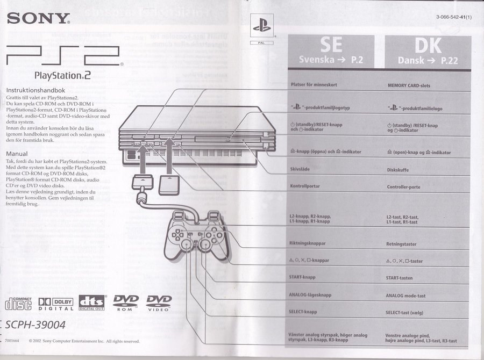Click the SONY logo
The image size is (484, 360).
pyautogui.click(x=38, y=19)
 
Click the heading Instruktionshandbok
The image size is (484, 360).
pyautogui.click(x=35, y=90)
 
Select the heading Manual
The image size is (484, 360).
pyautogui.click(x=17, y=153)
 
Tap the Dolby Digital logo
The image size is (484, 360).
pyautogui.click(x=56, y=304)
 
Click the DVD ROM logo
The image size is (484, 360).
pyautogui.click(x=125, y=303)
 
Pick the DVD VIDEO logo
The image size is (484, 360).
pyautogui.click(x=159, y=303)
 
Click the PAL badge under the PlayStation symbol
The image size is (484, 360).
pyautogui.click(x=262, y=42)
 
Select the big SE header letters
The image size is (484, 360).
pyautogui.click(x=331, y=45)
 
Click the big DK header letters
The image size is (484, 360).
pyautogui.click(x=428, y=45)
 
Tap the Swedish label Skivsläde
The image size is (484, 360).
pyautogui.click(x=300, y=169)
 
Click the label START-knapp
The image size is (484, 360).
pyautogui.click(x=302, y=277)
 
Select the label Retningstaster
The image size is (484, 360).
pyautogui.click(x=401, y=244)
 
